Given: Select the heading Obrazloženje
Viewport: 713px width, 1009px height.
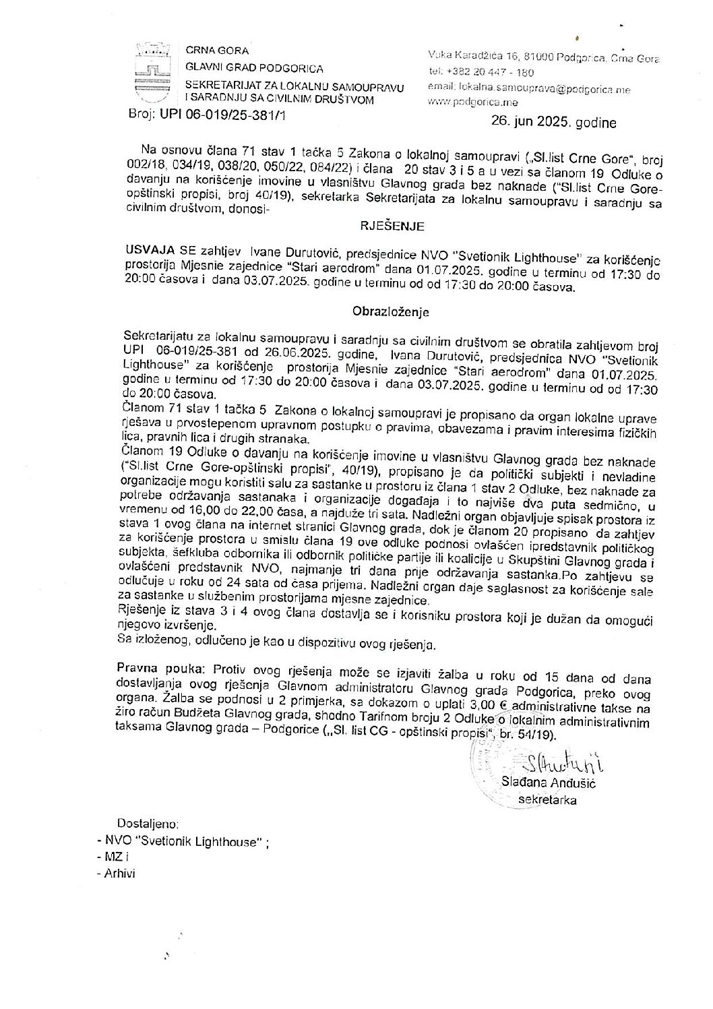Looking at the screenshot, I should coord(390,312).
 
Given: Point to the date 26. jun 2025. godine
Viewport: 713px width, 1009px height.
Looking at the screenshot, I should coord(553,123).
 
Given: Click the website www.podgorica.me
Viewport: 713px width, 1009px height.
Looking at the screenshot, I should coord(472,102).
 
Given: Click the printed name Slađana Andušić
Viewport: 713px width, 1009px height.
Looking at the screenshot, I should coord(549,783).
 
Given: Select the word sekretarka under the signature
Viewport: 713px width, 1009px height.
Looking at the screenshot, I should coord(547,800).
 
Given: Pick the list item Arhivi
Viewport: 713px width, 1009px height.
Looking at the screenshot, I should coord(120,873).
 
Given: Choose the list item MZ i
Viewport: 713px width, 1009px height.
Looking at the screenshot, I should coord(116,857).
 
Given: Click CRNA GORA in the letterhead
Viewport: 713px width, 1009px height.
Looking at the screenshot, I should coord(218,51).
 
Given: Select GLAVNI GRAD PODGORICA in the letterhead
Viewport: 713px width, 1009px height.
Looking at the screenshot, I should coord(254,68).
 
